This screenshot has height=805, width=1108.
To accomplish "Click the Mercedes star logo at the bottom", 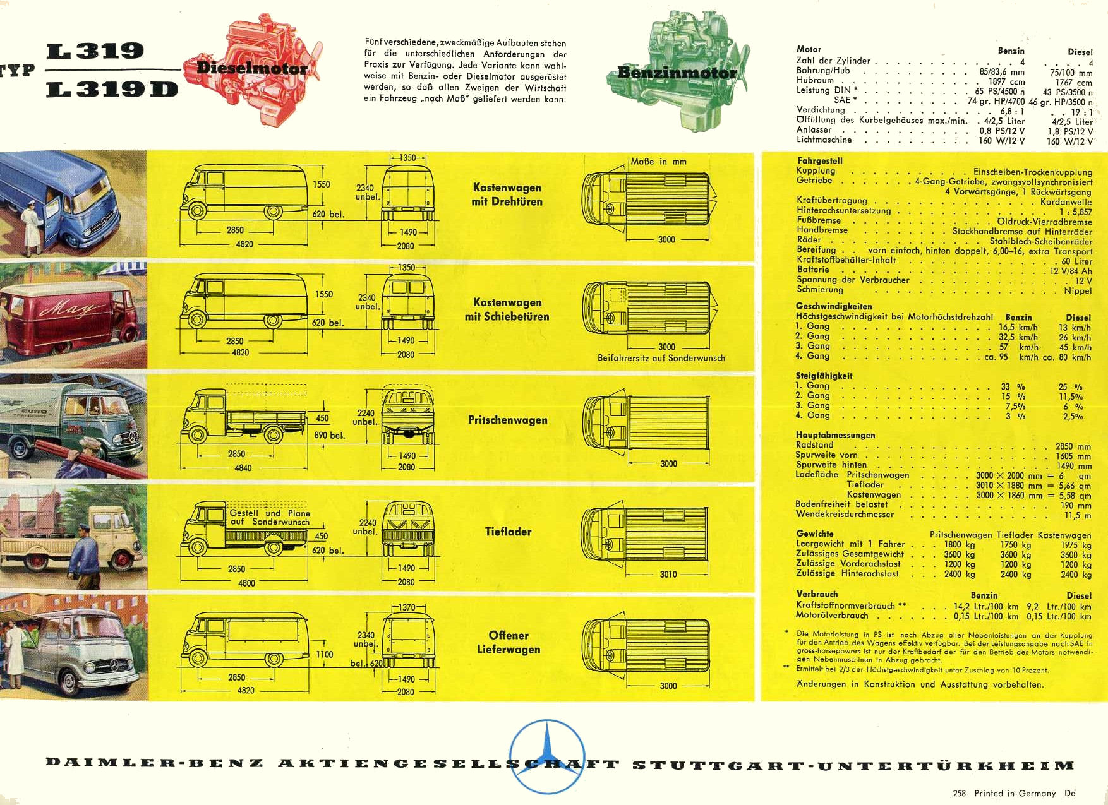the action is point(546,756).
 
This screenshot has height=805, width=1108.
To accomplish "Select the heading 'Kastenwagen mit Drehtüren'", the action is point(507,194).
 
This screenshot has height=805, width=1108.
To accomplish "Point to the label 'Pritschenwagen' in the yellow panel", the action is point(508,420).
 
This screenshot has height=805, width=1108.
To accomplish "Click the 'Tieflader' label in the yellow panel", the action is point(509,532).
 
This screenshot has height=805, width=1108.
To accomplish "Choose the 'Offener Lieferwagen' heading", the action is point(509,642).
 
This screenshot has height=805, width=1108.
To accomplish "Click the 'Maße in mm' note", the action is point(659,162).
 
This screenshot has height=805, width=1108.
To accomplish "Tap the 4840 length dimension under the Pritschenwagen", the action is point(243,468).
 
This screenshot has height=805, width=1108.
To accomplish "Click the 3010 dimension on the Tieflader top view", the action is point(668,575).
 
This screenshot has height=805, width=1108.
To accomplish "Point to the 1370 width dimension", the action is point(407,607).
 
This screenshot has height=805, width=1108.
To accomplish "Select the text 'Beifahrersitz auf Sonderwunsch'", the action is point(661,358).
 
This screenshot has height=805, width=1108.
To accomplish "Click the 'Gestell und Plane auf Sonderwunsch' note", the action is point(270,518).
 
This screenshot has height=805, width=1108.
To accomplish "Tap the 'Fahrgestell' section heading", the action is point(820,161).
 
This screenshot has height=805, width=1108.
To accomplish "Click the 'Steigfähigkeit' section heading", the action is point(824,376).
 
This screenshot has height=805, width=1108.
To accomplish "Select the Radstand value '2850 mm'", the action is point(1073,446).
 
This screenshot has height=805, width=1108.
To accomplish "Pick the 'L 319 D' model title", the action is point(112,89).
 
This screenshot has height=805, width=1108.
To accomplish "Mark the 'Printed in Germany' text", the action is point(1015,793).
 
